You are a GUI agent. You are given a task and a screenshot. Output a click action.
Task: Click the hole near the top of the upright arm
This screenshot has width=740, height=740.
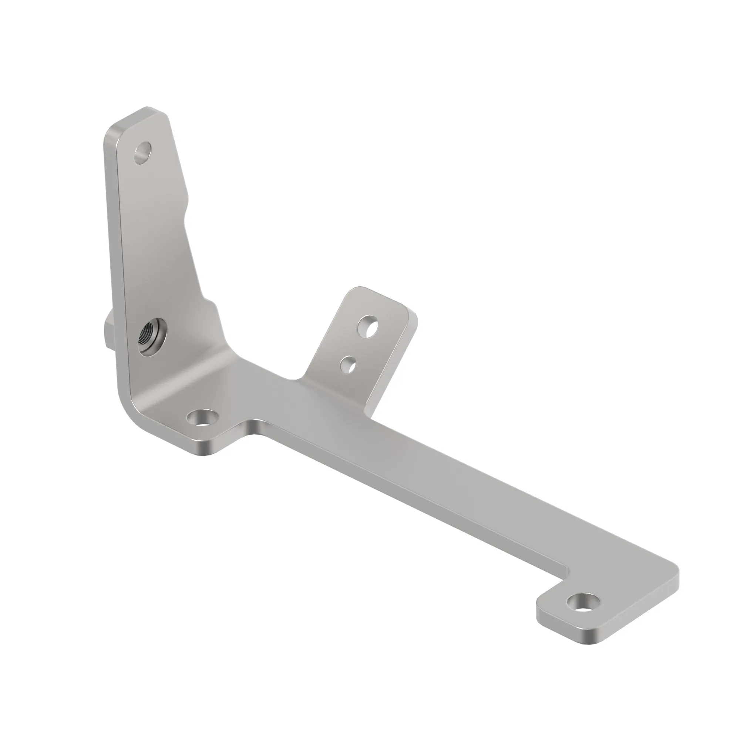[x=143, y=153]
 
